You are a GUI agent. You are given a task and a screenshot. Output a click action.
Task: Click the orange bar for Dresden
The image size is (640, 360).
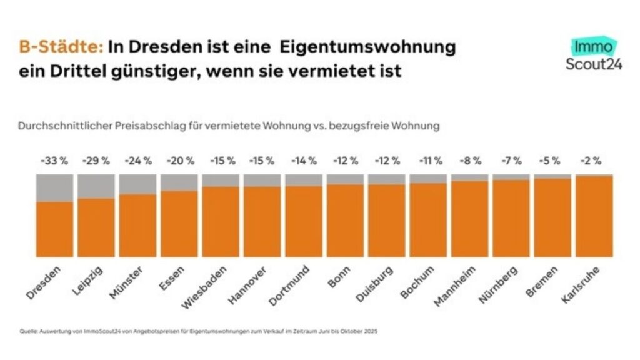point(54,229)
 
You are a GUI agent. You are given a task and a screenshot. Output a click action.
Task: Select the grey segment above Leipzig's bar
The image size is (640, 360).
point(96,186)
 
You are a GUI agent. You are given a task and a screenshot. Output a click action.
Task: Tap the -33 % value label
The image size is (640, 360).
point(54,161)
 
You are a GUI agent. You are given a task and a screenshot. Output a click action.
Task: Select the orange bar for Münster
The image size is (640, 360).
point(137,225)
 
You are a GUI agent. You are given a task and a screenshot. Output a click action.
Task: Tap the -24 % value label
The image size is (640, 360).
point(137,161)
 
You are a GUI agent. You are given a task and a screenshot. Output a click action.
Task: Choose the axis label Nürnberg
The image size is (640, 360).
point(499,284)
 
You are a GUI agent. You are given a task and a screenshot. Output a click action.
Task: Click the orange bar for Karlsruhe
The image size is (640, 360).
point(594,216)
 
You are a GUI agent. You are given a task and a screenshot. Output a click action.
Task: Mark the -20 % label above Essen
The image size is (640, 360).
point(179,161)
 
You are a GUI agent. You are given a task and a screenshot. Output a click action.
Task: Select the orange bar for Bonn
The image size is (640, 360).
point(345,220)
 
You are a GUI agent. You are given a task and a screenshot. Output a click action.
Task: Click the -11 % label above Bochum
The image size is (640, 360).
point(428,161)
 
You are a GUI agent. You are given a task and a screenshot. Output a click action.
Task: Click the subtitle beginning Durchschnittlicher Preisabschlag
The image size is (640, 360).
point(229,126)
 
